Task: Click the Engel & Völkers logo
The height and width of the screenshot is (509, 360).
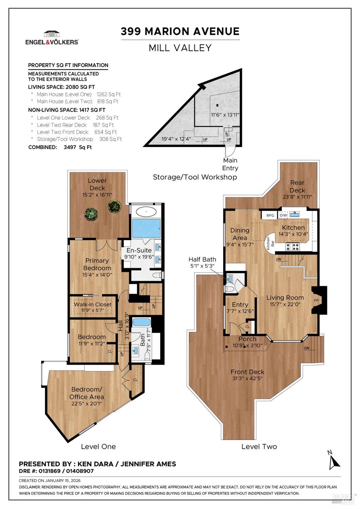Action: tap(52, 38)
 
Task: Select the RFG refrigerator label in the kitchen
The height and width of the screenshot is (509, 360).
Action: tap(270, 215)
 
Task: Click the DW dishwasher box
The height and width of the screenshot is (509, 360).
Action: tap(284, 215)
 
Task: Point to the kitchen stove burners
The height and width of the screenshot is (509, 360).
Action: tap(292, 247)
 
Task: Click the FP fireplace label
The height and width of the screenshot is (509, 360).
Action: tap(316, 300)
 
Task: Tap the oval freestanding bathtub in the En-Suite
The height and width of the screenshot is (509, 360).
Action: tap(146, 212)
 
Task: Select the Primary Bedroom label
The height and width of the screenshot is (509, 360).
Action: tap(97, 264)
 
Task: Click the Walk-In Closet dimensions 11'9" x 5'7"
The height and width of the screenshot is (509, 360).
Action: tap(93, 310)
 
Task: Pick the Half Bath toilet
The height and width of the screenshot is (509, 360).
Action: tap(229, 289)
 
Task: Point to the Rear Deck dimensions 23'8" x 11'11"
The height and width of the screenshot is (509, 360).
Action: tap(297, 196)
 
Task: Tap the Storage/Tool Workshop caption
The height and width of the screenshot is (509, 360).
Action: tap(195, 177)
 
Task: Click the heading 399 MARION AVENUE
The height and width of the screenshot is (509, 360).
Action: tap(180, 31)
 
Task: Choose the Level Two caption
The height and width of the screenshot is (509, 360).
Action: tap(259, 446)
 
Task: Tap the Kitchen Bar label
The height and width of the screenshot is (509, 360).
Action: tap(270, 244)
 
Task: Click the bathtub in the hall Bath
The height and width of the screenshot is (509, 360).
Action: tap(142, 322)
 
